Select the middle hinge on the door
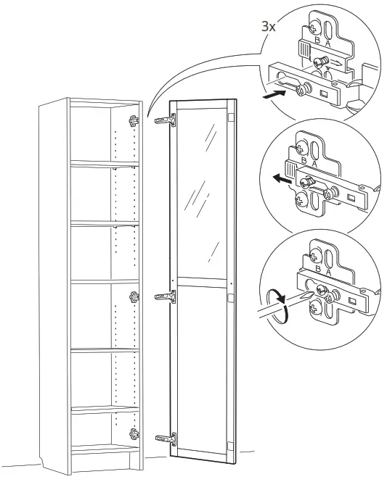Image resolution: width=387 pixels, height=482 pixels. (165, 295)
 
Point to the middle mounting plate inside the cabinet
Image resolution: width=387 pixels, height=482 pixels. (134, 296)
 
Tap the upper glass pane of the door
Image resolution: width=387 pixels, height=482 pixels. (203, 192)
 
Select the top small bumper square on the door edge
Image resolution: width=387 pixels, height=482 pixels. (231, 117)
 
